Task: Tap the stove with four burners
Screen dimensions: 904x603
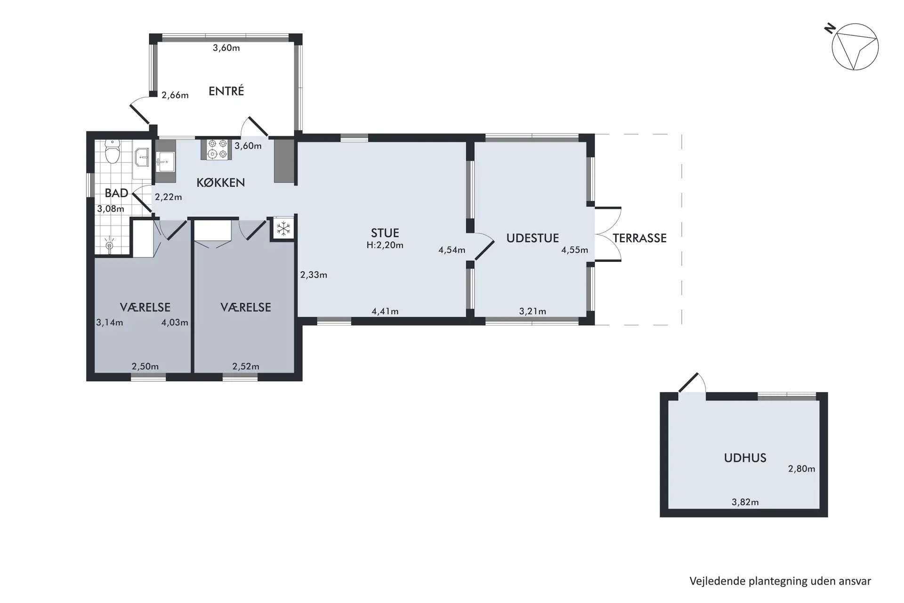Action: [217, 149]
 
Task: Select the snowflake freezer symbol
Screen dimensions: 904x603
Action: [283, 229]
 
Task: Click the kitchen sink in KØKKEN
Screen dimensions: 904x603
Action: [165, 162]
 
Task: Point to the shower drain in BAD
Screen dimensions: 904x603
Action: [110, 245]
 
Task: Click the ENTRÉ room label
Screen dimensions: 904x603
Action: [226, 91]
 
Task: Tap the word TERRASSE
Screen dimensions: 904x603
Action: [639, 238]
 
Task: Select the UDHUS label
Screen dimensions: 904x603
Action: [745, 458]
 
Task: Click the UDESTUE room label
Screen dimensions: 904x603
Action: [533, 238]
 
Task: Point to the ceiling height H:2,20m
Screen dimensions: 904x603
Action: [385, 245]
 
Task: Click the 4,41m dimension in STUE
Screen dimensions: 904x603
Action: [385, 311]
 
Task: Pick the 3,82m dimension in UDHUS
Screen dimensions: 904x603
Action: [745, 502]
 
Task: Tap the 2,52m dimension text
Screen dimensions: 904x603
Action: [246, 367]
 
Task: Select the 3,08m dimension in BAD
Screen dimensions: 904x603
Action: [111, 209]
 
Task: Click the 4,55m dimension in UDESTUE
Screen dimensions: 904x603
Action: [574, 250]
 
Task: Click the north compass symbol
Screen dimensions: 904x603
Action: [855, 47]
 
